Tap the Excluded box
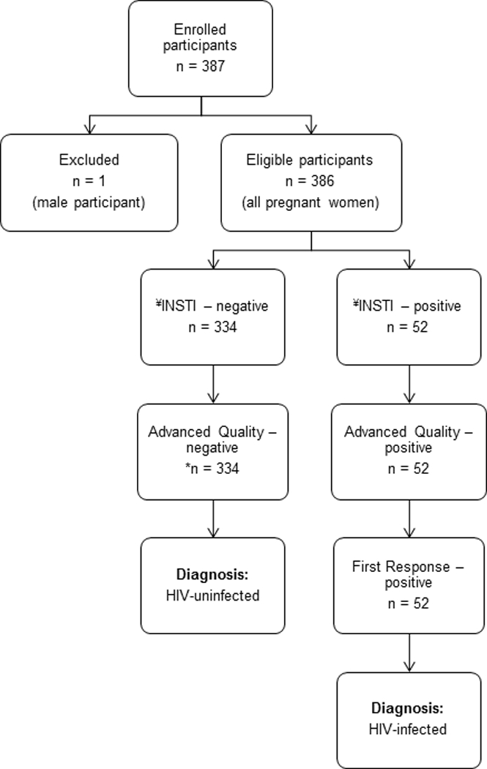point(89,182)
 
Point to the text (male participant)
point(89,203)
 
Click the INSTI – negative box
point(212,316)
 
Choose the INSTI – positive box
point(409,316)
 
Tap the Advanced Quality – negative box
point(212,451)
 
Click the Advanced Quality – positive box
point(409,451)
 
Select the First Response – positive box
point(409,585)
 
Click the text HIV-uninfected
point(212,595)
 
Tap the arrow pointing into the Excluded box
point(89,125)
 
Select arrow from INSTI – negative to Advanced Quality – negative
point(212,384)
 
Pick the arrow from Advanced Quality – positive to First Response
point(409,518)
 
